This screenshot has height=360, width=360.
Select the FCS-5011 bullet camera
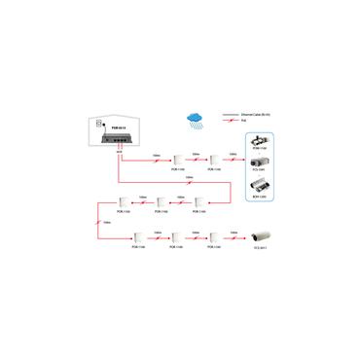pos(265,236)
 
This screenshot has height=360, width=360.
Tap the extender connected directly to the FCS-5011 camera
pos(213,236)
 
